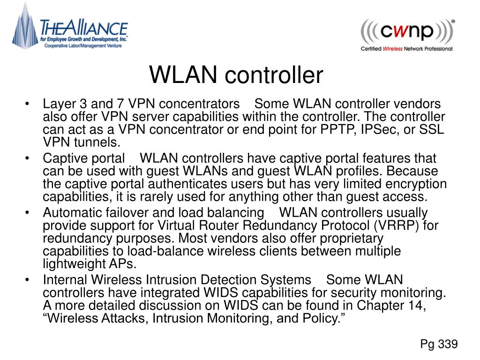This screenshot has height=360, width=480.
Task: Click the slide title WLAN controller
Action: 236,75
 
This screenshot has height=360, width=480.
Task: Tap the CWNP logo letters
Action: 407,32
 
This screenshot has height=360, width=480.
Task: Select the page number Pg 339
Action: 439,345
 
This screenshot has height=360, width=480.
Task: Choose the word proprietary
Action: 346,239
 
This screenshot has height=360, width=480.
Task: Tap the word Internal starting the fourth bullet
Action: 65,280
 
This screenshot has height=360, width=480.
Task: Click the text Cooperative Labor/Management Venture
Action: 83,45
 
